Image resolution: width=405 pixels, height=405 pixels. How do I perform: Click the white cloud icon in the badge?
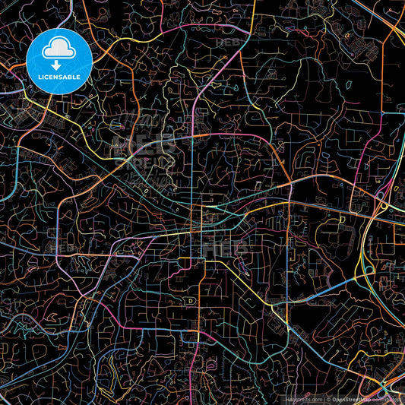pyautogui.click(x=59, y=50)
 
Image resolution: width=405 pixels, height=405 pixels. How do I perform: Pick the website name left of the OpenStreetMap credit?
pyautogui.click(x=304, y=398)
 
